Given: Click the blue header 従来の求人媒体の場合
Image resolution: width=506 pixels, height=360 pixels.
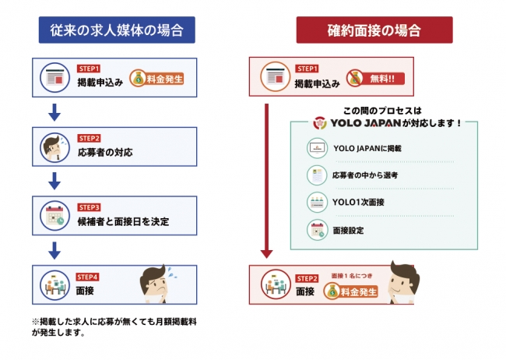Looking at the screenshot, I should pos(116,31).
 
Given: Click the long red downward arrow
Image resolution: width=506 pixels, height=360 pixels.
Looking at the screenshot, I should pos(266,179).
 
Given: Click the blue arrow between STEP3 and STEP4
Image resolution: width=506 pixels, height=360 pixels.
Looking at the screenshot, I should pos(54,251).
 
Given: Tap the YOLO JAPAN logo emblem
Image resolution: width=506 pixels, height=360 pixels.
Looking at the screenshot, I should pos(319,123).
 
